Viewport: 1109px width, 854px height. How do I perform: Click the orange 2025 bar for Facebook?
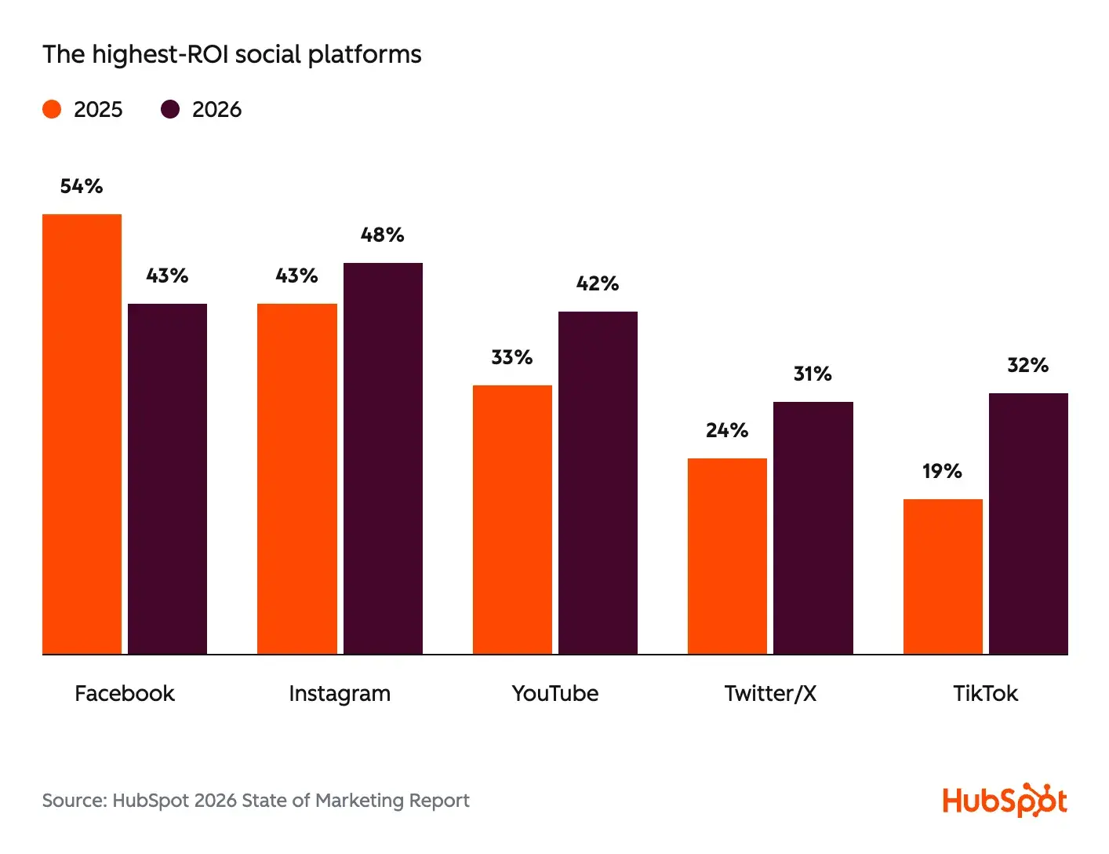(x=82, y=434)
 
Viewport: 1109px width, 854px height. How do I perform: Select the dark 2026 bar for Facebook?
(x=167, y=479)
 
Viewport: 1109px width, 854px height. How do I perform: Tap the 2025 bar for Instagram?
(x=296, y=479)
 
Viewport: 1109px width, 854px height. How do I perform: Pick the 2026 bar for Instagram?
(x=383, y=458)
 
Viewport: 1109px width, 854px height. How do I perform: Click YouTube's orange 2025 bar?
(x=512, y=520)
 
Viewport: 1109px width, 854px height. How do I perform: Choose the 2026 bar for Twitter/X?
(x=813, y=527)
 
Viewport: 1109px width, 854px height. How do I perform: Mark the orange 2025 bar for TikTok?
(x=942, y=576)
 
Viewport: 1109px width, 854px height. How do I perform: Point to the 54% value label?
(x=82, y=186)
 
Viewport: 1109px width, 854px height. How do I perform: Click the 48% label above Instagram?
(x=383, y=235)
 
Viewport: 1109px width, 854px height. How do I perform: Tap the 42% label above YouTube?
(x=598, y=283)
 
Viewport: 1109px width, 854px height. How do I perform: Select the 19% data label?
(x=942, y=471)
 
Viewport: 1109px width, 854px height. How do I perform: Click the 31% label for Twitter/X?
(x=813, y=374)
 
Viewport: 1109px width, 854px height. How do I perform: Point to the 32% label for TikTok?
(x=1027, y=365)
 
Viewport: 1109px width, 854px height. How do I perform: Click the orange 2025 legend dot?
(x=52, y=109)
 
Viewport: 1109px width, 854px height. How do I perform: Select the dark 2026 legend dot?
(x=170, y=109)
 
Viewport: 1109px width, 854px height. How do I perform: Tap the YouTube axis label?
(x=554, y=693)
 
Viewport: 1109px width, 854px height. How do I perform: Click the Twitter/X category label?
(x=770, y=693)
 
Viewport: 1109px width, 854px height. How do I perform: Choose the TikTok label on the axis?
(x=985, y=693)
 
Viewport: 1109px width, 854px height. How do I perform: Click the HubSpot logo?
(x=1004, y=801)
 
